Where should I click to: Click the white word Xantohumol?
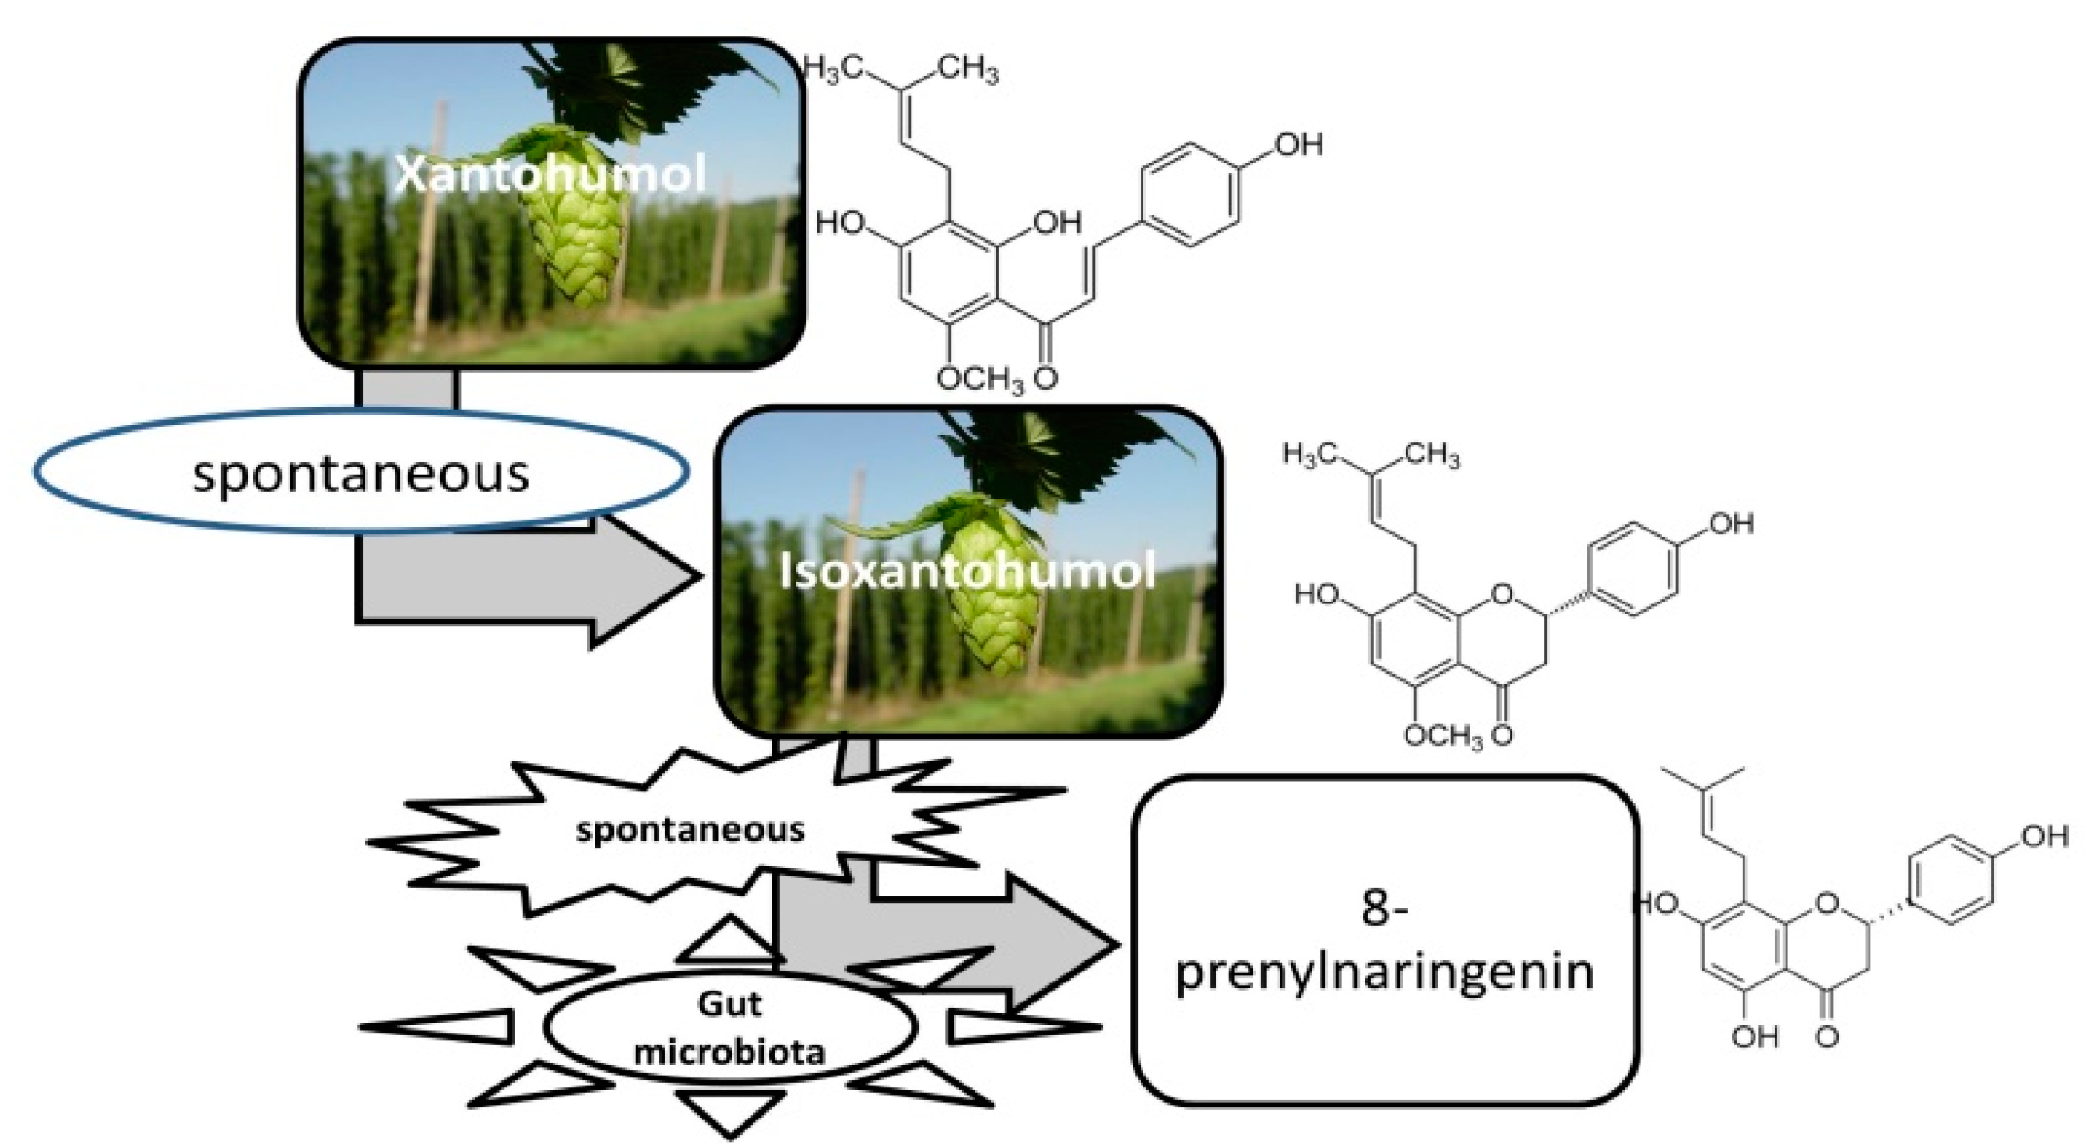tap(551, 173)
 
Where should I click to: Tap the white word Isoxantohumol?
tap(967, 571)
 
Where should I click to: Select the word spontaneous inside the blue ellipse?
tap(361, 474)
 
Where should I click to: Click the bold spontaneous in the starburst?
tap(690, 830)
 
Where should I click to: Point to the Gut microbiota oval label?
tap(729, 1027)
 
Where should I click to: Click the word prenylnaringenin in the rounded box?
tap(1385, 972)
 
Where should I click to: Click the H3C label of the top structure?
tap(834, 69)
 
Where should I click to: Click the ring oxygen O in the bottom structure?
tap(1827, 904)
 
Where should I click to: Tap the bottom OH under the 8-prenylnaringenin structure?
tap(1755, 1037)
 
